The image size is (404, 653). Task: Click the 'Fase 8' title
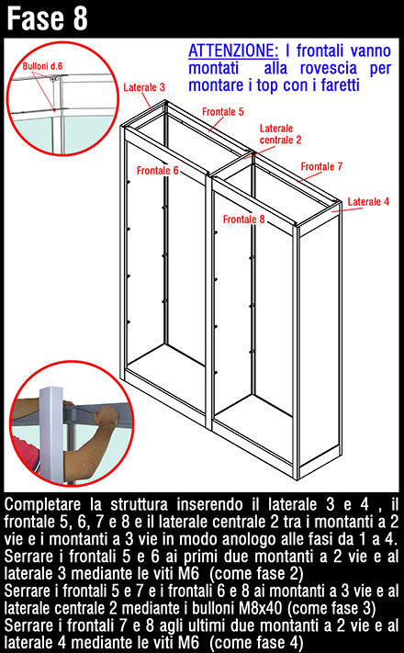[47, 18]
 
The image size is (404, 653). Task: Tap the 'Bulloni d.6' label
[42, 66]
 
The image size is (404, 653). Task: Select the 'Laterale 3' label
[144, 87]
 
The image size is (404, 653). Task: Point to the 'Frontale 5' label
[223, 112]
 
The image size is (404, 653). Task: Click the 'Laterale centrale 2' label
[280, 134]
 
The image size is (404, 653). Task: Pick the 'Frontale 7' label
[321, 166]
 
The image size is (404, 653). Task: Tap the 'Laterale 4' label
[368, 201]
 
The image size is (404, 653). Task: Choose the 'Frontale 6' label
[157, 170]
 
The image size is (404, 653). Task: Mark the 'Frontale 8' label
[243, 220]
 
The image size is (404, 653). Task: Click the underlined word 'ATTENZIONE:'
[233, 51]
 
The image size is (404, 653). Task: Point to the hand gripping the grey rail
[106, 417]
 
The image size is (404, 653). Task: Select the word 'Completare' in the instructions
[42, 505]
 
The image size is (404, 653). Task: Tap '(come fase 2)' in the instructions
[256, 573]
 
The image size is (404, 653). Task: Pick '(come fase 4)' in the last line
[256, 643]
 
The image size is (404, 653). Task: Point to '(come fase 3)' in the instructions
[331, 608]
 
